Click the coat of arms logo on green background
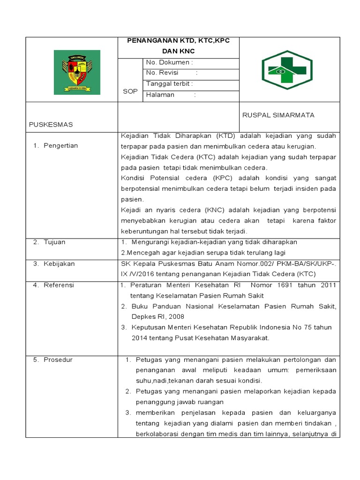(77, 72)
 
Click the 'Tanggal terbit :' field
(170, 84)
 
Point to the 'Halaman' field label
(160, 95)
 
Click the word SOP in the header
(130, 91)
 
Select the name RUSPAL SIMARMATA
(278, 115)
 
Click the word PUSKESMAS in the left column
(51, 125)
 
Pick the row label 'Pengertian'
(61, 146)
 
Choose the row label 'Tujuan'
(55, 242)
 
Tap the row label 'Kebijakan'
(59, 264)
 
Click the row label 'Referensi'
(59, 285)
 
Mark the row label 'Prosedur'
(58, 360)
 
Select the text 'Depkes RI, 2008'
(154, 317)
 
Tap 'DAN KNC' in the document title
(178, 51)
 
